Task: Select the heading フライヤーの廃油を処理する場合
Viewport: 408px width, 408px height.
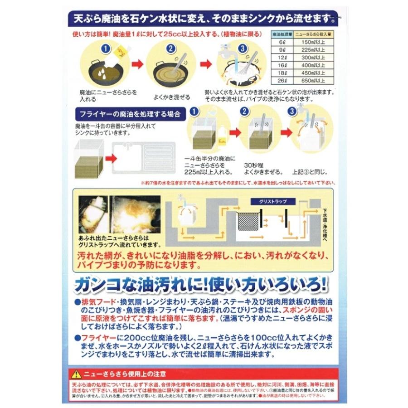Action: [x=129, y=114]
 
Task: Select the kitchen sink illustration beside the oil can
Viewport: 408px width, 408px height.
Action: [x=145, y=160]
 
